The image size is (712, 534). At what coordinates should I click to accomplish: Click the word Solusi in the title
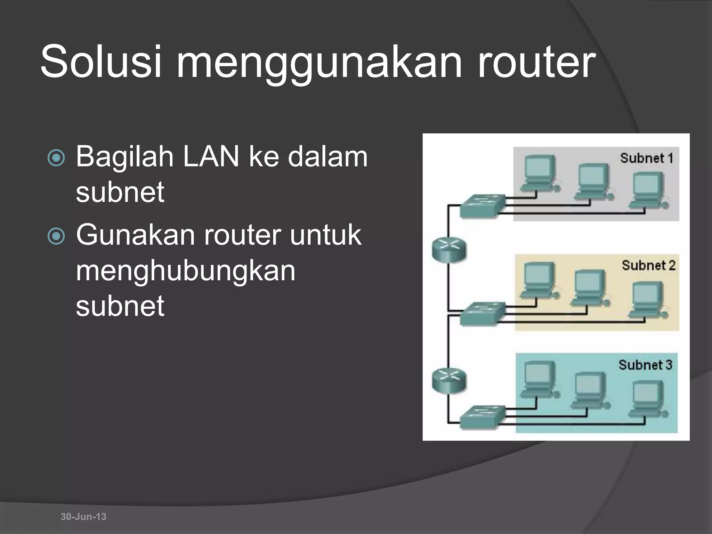(101, 62)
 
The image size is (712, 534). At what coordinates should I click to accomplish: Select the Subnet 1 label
(646, 158)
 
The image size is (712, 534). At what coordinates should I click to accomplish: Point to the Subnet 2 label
(648, 266)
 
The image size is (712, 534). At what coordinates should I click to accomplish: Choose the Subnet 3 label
(645, 365)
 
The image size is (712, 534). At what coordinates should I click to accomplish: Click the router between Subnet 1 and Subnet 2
(449, 250)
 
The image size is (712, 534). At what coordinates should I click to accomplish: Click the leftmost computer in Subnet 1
(539, 174)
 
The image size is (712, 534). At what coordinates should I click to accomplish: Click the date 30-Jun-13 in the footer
(83, 517)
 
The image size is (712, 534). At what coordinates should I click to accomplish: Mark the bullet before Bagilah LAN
(56, 158)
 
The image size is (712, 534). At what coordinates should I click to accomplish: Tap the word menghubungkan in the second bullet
(186, 271)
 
